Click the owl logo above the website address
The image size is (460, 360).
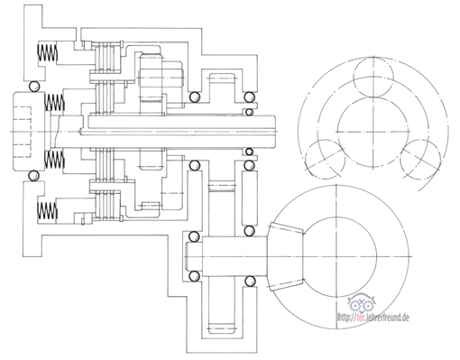coord(362,303)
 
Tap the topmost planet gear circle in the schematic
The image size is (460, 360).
coord(373,78)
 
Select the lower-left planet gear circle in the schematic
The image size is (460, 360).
coord(326,159)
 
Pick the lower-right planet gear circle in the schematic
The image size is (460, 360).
coord(420,159)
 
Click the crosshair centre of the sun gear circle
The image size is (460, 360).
coord(373,132)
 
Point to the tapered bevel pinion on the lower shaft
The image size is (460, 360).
coord(286,256)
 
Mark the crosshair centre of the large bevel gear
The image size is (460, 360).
coord(336,256)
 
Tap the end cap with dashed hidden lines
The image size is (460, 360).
coord(29,132)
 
